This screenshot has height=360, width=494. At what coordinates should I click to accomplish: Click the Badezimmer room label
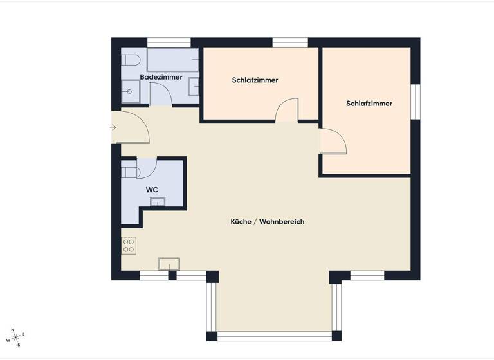tap(161, 77)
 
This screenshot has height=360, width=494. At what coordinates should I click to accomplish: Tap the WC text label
tap(152, 190)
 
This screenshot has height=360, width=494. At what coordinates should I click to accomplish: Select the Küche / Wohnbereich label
tap(267, 222)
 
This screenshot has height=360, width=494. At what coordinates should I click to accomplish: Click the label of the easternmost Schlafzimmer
tap(369, 104)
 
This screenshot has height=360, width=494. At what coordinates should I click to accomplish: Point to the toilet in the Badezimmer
tap(131, 61)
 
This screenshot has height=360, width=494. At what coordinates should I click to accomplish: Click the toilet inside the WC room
tap(130, 172)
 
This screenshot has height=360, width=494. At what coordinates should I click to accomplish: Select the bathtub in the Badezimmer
tap(172, 60)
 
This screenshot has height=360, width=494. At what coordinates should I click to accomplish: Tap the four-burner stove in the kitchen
tap(129, 245)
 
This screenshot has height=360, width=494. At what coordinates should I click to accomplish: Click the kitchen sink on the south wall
tap(169, 264)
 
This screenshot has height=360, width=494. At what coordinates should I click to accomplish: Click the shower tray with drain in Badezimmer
tap(131, 91)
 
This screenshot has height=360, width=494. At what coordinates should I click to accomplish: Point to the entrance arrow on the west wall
tap(113, 127)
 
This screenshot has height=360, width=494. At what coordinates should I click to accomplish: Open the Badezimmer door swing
tap(161, 94)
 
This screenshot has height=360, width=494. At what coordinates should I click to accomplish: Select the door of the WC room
tap(147, 167)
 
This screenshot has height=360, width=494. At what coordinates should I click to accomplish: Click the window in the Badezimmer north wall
tap(169, 42)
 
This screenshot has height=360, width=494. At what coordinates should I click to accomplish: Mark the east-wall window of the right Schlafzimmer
tap(416, 102)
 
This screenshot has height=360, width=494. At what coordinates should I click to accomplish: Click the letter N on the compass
tap(12, 329)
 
